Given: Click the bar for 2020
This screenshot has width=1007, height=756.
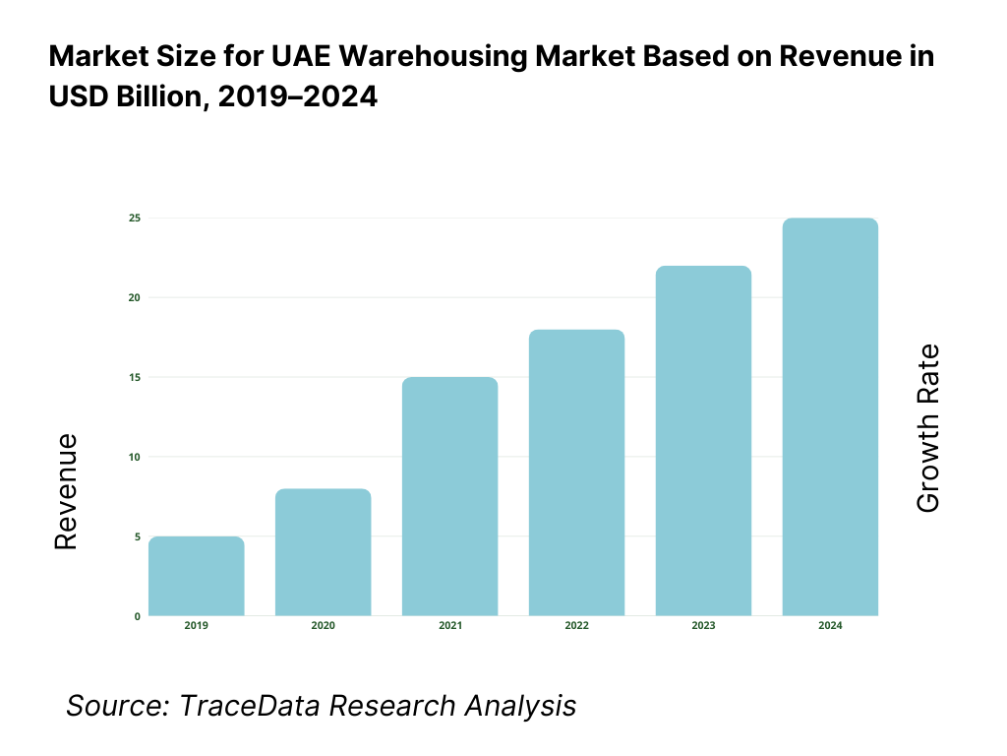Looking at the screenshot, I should (x=323, y=552).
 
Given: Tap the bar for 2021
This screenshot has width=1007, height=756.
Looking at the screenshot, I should (x=449, y=496).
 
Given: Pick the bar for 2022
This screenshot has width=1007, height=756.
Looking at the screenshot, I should (x=576, y=472).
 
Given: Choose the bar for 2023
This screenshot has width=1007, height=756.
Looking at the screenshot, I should (x=703, y=441).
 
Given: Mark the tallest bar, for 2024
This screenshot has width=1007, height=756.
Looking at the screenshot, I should (x=830, y=416).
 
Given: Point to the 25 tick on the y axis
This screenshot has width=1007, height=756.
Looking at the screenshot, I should (x=134, y=218).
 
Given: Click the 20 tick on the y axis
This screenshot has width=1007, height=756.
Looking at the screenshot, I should (x=134, y=297).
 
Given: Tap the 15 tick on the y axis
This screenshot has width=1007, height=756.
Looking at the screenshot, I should (x=134, y=377).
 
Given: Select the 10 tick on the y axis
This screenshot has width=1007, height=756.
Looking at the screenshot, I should (x=134, y=457).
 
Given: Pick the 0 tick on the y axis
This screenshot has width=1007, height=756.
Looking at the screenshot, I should (x=137, y=616).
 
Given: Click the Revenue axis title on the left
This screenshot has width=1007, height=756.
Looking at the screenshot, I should (x=65, y=492).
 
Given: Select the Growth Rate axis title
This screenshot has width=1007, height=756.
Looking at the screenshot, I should (x=927, y=428).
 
